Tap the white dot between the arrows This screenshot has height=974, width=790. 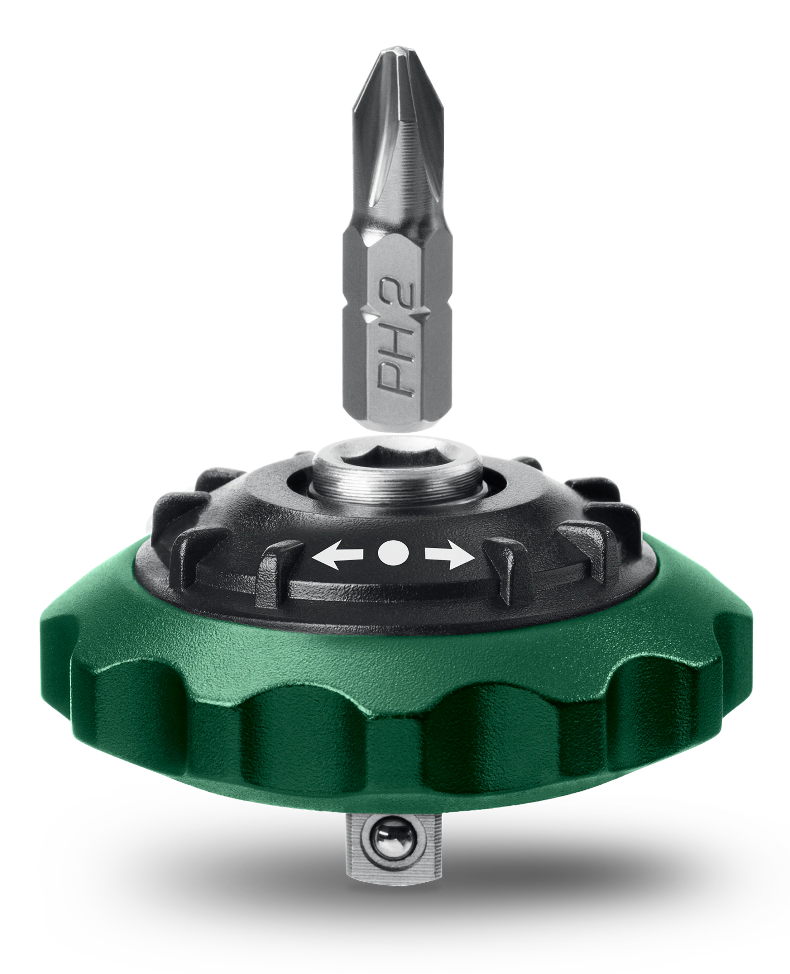[x=393, y=552]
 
